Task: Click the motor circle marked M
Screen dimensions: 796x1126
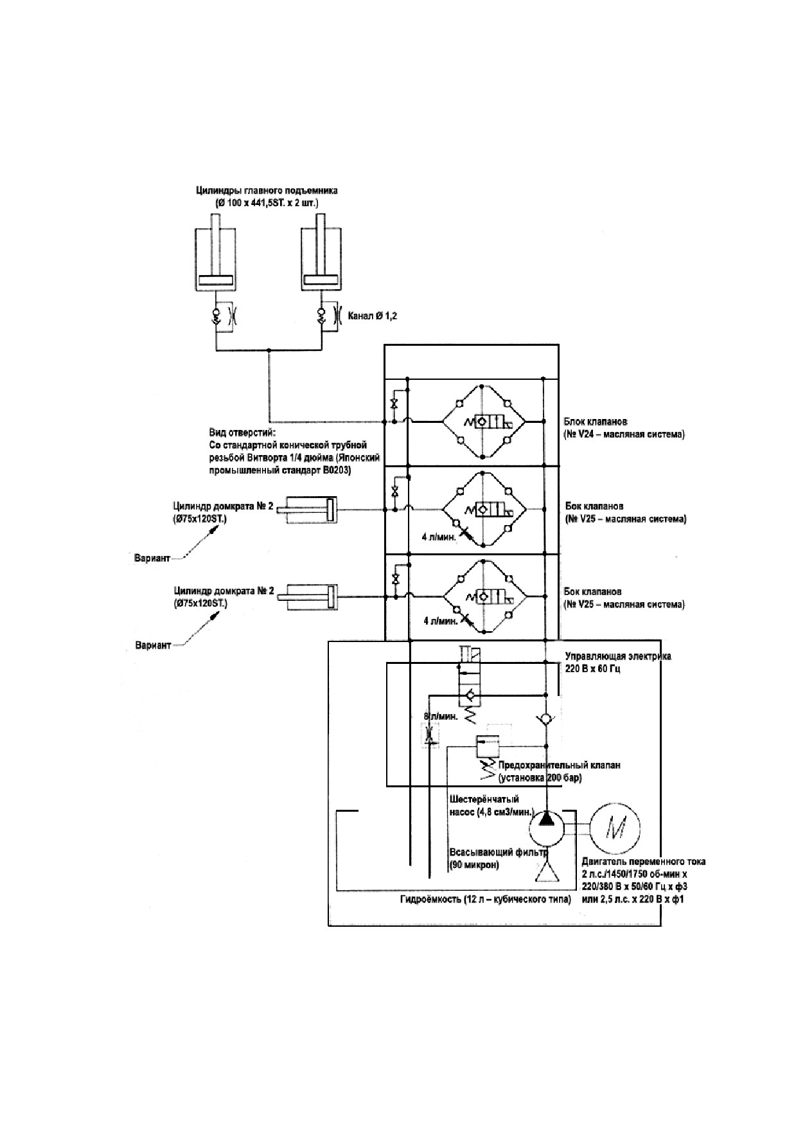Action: (615, 827)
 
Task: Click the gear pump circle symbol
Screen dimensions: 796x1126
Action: (545, 828)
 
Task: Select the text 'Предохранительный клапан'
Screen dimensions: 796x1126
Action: (559, 765)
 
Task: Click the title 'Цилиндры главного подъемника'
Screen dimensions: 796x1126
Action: (267, 191)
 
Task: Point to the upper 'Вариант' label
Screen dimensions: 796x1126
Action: (153, 558)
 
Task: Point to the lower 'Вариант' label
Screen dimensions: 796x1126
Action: (154, 645)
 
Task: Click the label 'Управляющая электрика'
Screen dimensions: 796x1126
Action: (618, 657)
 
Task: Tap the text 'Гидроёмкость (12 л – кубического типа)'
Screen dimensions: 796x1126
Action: (485, 899)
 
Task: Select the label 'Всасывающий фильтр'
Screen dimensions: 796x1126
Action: (498, 853)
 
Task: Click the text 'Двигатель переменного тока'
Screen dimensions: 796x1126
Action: (642, 862)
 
